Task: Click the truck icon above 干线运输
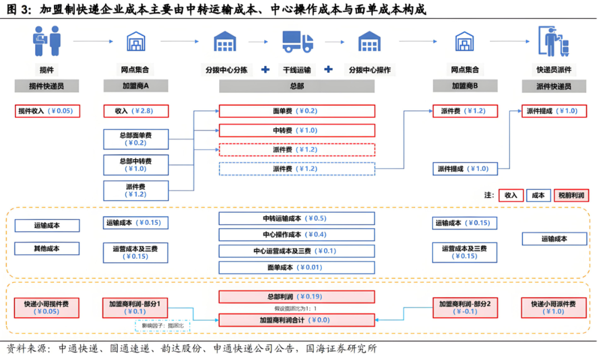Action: (298, 42)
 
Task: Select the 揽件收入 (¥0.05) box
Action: (48, 111)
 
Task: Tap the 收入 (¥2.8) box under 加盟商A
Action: (136, 111)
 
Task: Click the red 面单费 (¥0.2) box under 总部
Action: (297, 111)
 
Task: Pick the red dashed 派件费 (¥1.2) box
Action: (297, 150)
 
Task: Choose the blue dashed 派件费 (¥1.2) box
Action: (297, 169)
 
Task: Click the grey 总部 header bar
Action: (297, 86)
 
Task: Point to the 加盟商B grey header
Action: (465, 86)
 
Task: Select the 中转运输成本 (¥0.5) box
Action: (297, 218)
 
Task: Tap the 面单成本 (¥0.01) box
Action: (297, 267)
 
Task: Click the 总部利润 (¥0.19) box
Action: (297, 297)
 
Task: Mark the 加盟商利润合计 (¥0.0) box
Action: (297, 320)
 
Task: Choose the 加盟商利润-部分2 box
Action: (465, 308)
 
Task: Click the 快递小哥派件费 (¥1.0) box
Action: (554, 308)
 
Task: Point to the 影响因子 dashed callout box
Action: (162, 326)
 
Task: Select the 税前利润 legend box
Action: (572, 195)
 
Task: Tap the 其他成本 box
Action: (47, 248)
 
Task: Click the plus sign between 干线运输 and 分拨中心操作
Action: (329, 70)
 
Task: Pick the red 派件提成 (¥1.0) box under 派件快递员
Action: (554, 111)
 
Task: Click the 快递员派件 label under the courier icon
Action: (554, 70)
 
